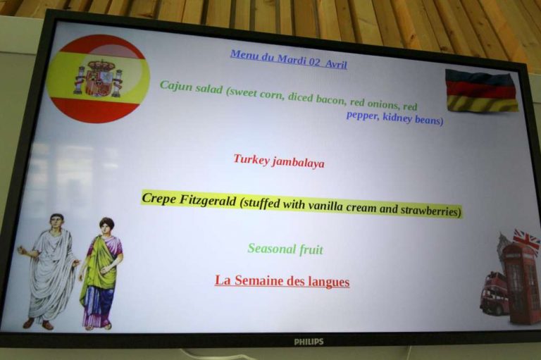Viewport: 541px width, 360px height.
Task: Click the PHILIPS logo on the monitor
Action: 309,342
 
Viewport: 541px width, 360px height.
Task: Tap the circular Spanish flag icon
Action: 99,79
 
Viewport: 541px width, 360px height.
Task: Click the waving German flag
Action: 482,90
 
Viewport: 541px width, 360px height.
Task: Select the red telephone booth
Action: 521,283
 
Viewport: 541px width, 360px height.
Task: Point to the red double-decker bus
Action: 495,293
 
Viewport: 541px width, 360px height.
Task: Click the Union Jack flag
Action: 526,240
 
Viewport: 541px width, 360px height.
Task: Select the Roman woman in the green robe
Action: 101,273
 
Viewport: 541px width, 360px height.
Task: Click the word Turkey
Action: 251,159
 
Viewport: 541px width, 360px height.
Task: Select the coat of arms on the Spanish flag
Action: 99,78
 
